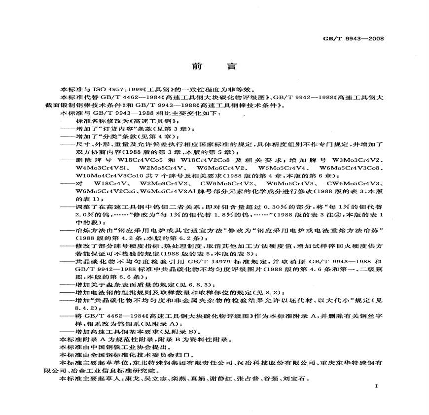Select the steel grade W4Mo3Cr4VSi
[x=100, y=168]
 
